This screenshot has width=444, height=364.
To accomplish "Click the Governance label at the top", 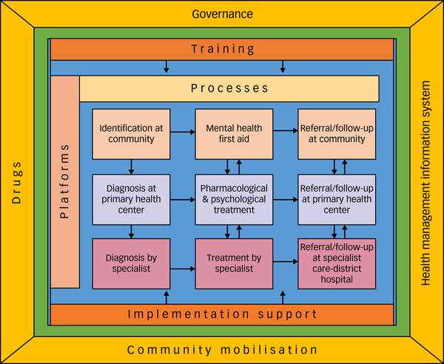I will [x=222, y=13].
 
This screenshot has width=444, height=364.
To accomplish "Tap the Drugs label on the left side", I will [x=16, y=183].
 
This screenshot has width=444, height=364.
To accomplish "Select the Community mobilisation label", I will [x=222, y=350].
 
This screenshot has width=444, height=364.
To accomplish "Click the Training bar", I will [x=222, y=49].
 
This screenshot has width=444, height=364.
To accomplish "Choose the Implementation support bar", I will [x=222, y=314].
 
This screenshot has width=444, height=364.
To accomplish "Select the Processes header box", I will [x=229, y=88].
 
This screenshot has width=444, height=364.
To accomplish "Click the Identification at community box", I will [x=131, y=133].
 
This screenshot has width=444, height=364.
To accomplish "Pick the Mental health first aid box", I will [x=234, y=133].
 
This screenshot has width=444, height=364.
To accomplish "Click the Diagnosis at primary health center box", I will [x=131, y=198].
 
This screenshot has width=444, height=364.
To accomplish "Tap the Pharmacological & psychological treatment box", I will [x=234, y=198].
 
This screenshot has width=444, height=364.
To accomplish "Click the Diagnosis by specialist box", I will [x=131, y=263].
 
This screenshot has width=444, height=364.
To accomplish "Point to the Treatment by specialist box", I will [x=234, y=263].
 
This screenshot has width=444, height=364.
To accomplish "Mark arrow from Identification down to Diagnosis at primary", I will [x=131, y=166].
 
